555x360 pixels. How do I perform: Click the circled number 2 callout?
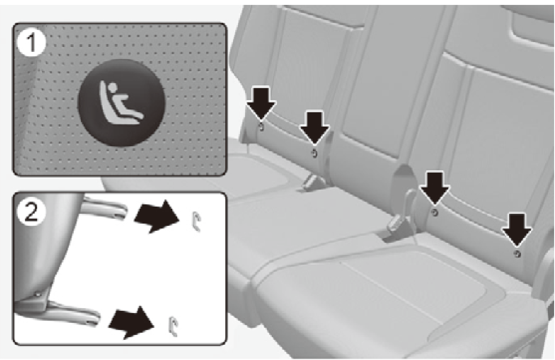pyautogui.click(x=31, y=213)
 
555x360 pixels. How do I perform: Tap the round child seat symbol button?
pyautogui.click(x=121, y=102)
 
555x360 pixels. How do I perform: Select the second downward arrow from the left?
pyautogui.click(x=314, y=127)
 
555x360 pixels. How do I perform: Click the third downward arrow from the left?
pyautogui.click(x=435, y=188)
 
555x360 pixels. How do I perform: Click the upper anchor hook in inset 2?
pyautogui.click(x=196, y=221)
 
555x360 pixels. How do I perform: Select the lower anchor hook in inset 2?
pyautogui.click(x=173, y=326)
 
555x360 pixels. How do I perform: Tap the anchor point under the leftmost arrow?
pyautogui.click(x=262, y=127)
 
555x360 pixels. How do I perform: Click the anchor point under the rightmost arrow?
pyautogui.click(x=517, y=254)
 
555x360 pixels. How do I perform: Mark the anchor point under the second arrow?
pyautogui.click(x=314, y=153)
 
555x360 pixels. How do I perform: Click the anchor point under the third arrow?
pyautogui.click(x=435, y=212)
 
